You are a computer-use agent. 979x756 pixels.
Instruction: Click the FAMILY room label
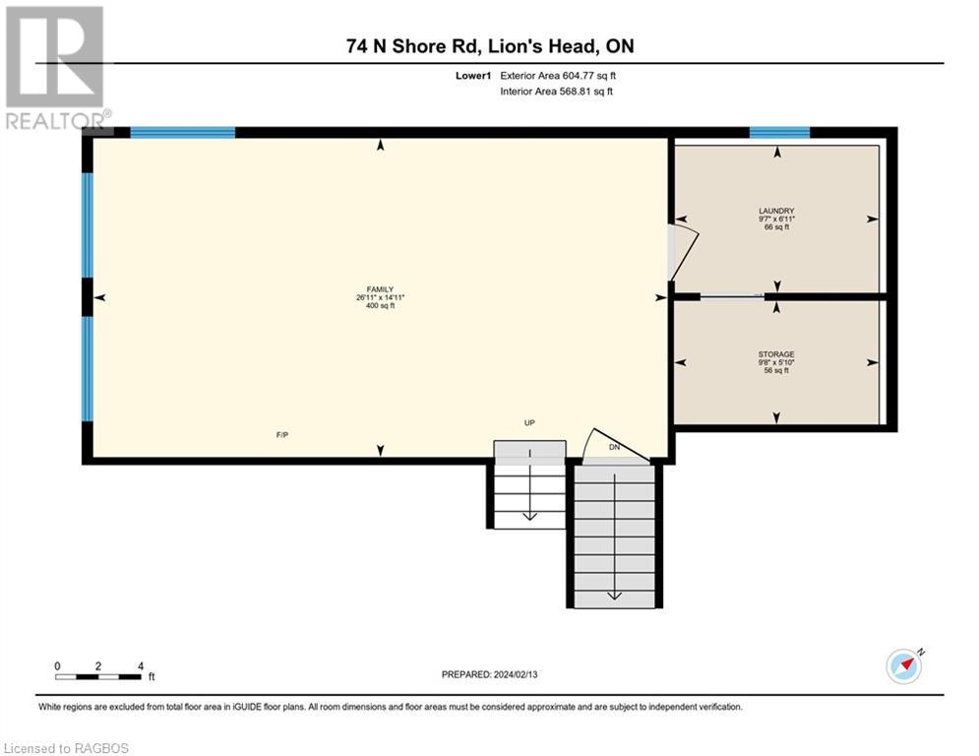click(x=380, y=289)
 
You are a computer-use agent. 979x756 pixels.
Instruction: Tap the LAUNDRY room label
click(x=776, y=212)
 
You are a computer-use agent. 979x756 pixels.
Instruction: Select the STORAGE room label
click(x=776, y=354)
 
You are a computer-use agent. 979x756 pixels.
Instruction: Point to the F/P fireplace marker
click(x=282, y=435)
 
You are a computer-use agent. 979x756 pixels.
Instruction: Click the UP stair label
click(x=529, y=423)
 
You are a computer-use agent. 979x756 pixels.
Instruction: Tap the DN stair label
click(x=614, y=447)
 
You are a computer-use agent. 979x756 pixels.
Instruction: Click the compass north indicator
click(x=904, y=666)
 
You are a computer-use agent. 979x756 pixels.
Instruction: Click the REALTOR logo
click(x=56, y=68)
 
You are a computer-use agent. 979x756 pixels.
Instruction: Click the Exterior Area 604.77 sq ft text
click(x=558, y=76)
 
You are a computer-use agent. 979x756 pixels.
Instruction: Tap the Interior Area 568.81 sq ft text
click(x=556, y=92)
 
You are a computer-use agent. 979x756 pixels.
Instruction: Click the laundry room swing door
click(x=683, y=252)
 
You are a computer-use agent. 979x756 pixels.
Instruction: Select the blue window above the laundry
click(x=779, y=133)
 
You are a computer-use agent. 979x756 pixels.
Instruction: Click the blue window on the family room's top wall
click(x=182, y=133)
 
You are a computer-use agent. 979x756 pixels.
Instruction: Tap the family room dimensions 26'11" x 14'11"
click(x=380, y=297)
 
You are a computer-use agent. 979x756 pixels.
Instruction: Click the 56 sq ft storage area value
click(x=776, y=370)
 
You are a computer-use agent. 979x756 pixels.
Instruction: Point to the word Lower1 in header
click(x=473, y=76)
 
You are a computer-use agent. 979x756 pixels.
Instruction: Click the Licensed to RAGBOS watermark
click(x=66, y=748)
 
